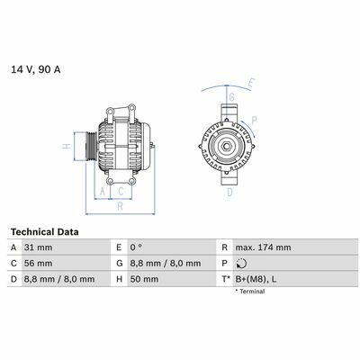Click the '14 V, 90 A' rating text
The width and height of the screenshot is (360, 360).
click(x=36, y=69)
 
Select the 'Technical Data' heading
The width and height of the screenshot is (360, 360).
click(x=45, y=232)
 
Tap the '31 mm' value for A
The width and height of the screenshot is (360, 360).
click(x=38, y=247)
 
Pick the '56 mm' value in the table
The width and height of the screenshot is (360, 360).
click(x=38, y=264)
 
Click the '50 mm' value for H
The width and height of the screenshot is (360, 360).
click(x=144, y=279)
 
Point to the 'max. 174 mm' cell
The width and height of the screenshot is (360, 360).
click(x=263, y=247)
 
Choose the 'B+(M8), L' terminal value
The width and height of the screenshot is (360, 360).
click(x=256, y=279)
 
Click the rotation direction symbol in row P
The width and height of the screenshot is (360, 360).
click(x=241, y=264)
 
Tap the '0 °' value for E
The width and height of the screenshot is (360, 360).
click(x=136, y=247)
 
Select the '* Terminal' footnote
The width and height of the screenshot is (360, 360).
click(x=250, y=292)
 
